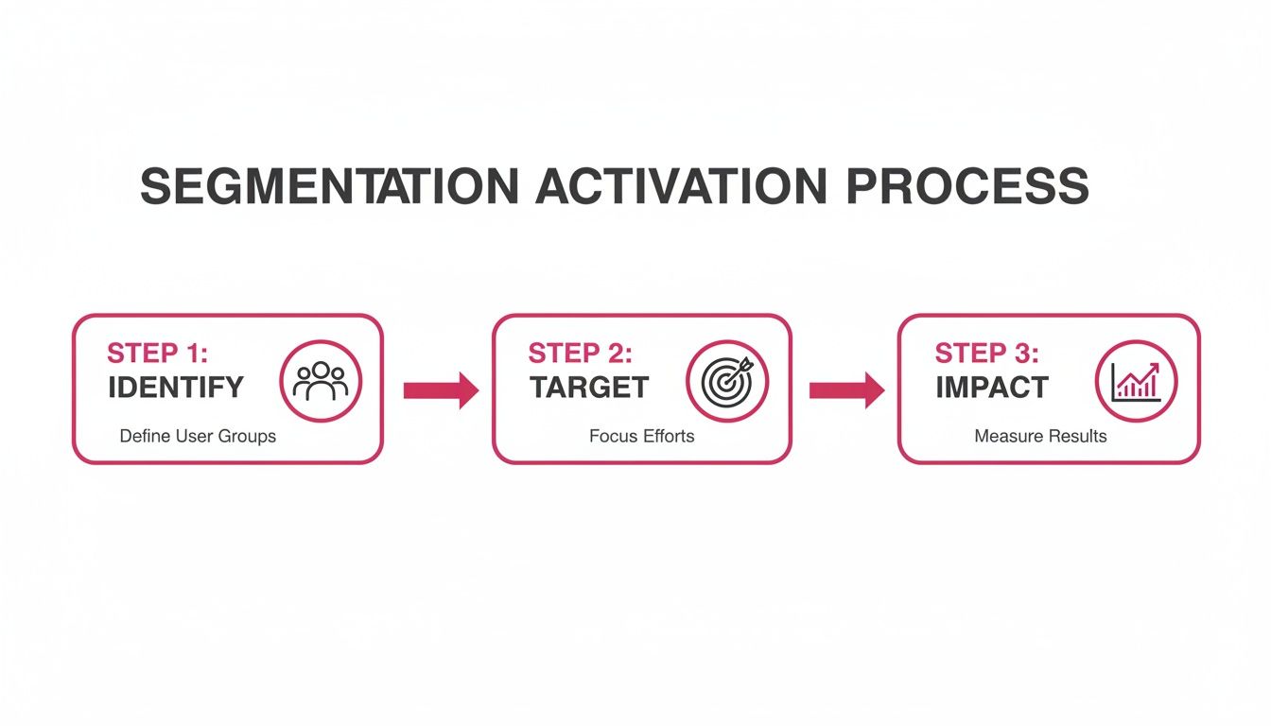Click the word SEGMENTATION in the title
[329, 186]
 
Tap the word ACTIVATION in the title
[681, 186]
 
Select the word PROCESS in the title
[966, 186]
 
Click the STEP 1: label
[157, 354]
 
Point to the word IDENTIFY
[176, 388]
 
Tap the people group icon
[321, 381]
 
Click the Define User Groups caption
[198, 437]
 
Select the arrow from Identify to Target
[441, 389]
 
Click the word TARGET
[589, 388]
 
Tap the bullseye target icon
[727, 381]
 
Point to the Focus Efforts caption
[641, 437]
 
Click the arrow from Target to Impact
[846, 389]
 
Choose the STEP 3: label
[987, 354]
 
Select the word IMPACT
[992, 388]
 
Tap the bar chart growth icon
[1136, 381]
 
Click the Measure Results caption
[1040, 437]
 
